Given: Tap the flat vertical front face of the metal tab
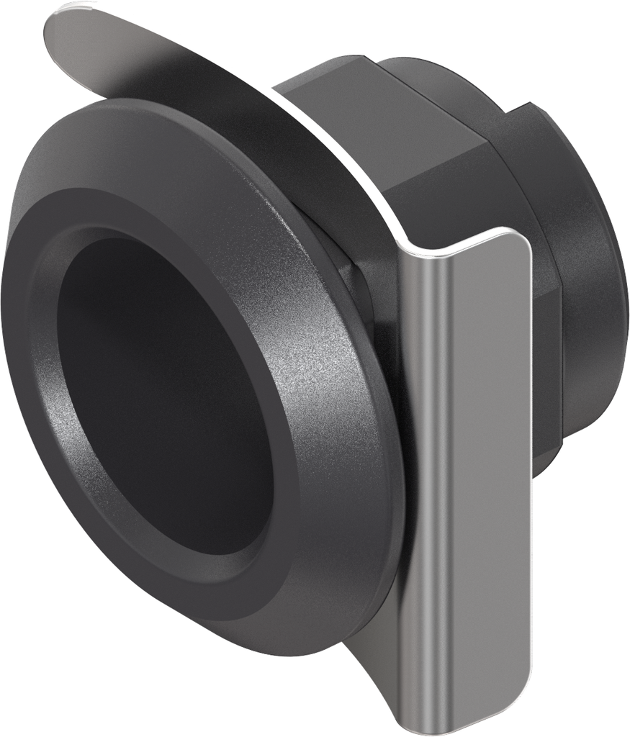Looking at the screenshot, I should coord(490,468).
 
